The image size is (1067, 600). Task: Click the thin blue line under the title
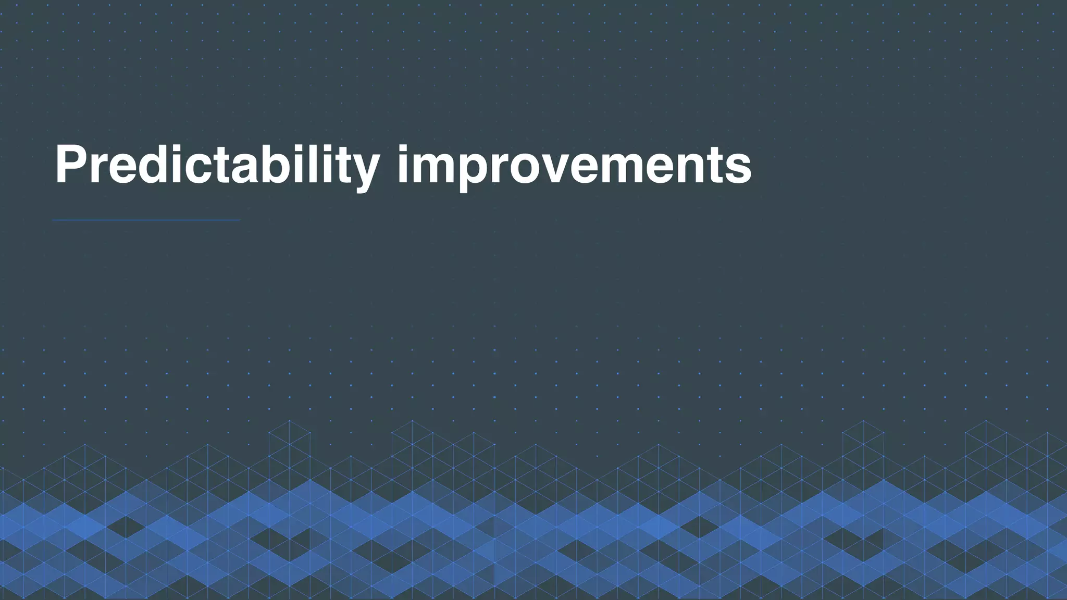(x=146, y=220)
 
